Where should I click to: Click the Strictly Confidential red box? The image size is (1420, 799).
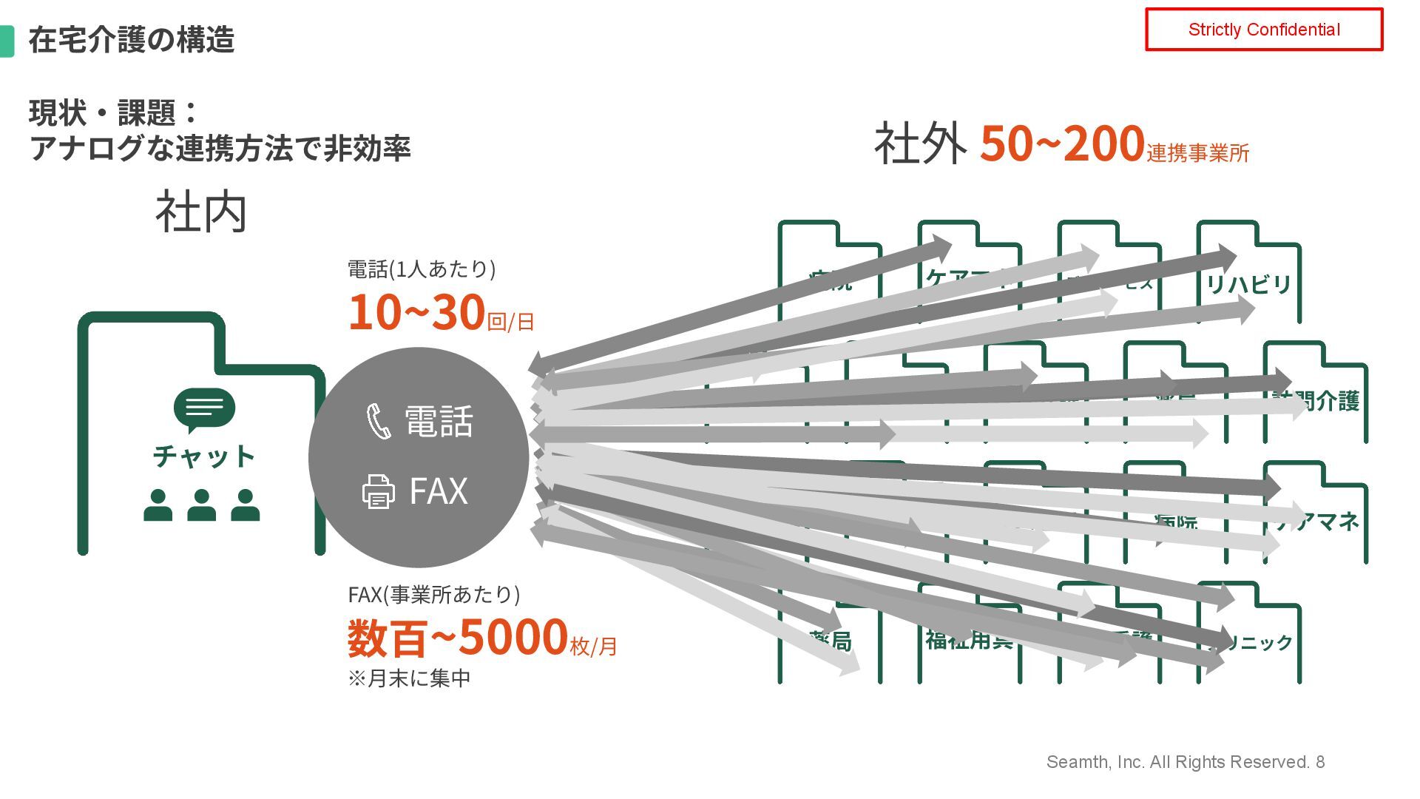coord(1263,30)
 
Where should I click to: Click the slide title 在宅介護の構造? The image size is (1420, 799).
coord(131,40)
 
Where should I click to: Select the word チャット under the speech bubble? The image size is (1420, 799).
coord(204,456)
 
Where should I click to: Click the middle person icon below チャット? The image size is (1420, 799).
coord(201,505)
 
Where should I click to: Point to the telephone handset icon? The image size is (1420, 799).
coord(379,421)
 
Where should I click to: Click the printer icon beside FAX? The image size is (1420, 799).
coord(378,491)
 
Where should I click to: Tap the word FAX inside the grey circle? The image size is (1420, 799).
coord(439,491)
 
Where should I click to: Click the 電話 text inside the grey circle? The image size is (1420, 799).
coord(439,421)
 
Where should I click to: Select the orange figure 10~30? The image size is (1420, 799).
coord(416,312)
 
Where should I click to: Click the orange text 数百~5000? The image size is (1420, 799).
coord(457,638)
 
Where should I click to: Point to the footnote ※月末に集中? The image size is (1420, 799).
coord(409,678)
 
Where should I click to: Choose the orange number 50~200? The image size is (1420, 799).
coord(1062,144)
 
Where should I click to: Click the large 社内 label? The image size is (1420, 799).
coord(201,212)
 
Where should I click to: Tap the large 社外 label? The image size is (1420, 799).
coord(920,144)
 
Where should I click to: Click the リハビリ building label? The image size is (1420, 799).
coord(1248,284)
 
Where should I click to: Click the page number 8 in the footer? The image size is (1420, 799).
coord(1320,762)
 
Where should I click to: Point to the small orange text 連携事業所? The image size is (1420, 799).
coord(1198,153)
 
